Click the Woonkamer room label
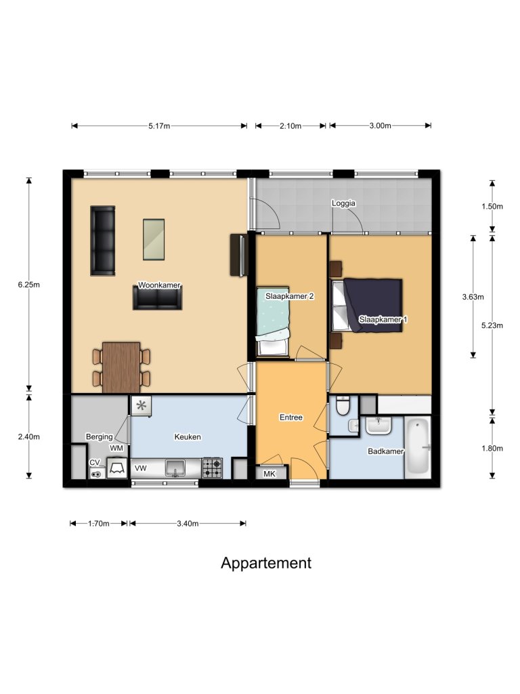tap(159, 285)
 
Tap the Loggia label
tap(343, 203)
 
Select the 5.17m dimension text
tap(159, 125)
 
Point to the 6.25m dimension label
tap(29, 285)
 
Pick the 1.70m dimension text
tap(99, 523)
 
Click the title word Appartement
tap(266, 563)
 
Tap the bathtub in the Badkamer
tap(418, 448)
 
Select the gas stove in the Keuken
tap(212, 467)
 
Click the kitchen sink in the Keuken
tap(175, 467)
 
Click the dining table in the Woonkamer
tap(121, 367)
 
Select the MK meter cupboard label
tap(269, 474)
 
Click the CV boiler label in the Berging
tap(95, 462)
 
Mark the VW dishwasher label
tap(141, 468)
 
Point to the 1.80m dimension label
tap(493, 448)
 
